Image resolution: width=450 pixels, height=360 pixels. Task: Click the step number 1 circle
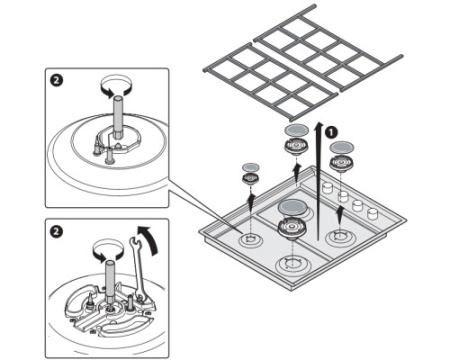(x=331, y=132)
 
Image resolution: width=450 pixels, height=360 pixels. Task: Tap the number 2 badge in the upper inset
(x=56, y=80)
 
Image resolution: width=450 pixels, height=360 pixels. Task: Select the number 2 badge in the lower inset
(x=56, y=231)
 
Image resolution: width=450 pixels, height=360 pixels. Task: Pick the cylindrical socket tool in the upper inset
(x=117, y=117)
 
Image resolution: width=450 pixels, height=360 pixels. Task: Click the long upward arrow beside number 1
(x=319, y=181)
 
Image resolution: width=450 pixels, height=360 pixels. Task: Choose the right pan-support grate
(x=328, y=47)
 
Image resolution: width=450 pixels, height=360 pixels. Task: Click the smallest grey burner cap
(x=251, y=167)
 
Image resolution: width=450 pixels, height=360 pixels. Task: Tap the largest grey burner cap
(x=292, y=208)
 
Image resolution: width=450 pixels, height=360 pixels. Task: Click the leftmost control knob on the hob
(x=328, y=189)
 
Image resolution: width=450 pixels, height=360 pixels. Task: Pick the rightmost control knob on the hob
(x=372, y=214)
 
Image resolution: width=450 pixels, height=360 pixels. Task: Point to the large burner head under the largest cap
(x=292, y=229)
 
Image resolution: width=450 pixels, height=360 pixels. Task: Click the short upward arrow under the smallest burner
(x=251, y=201)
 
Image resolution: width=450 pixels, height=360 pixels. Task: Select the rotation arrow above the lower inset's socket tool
(x=108, y=250)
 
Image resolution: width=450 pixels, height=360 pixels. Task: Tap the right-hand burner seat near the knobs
(x=340, y=237)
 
